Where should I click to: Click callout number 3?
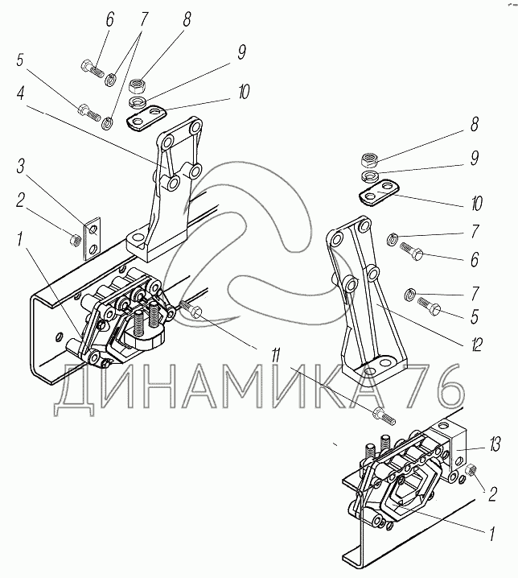click(x=21, y=167)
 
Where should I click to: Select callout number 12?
click(x=476, y=345)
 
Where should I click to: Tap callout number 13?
click(x=495, y=445)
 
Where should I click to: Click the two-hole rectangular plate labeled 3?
click(x=92, y=238)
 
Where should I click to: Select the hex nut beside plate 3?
click(x=75, y=240)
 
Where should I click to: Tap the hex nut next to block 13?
click(x=471, y=470)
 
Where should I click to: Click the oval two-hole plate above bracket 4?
click(x=146, y=118)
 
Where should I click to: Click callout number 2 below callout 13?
click(x=492, y=493)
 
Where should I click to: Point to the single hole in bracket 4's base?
click(x=138, y=237)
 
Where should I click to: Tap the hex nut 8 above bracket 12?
click(x=369, y=160)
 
